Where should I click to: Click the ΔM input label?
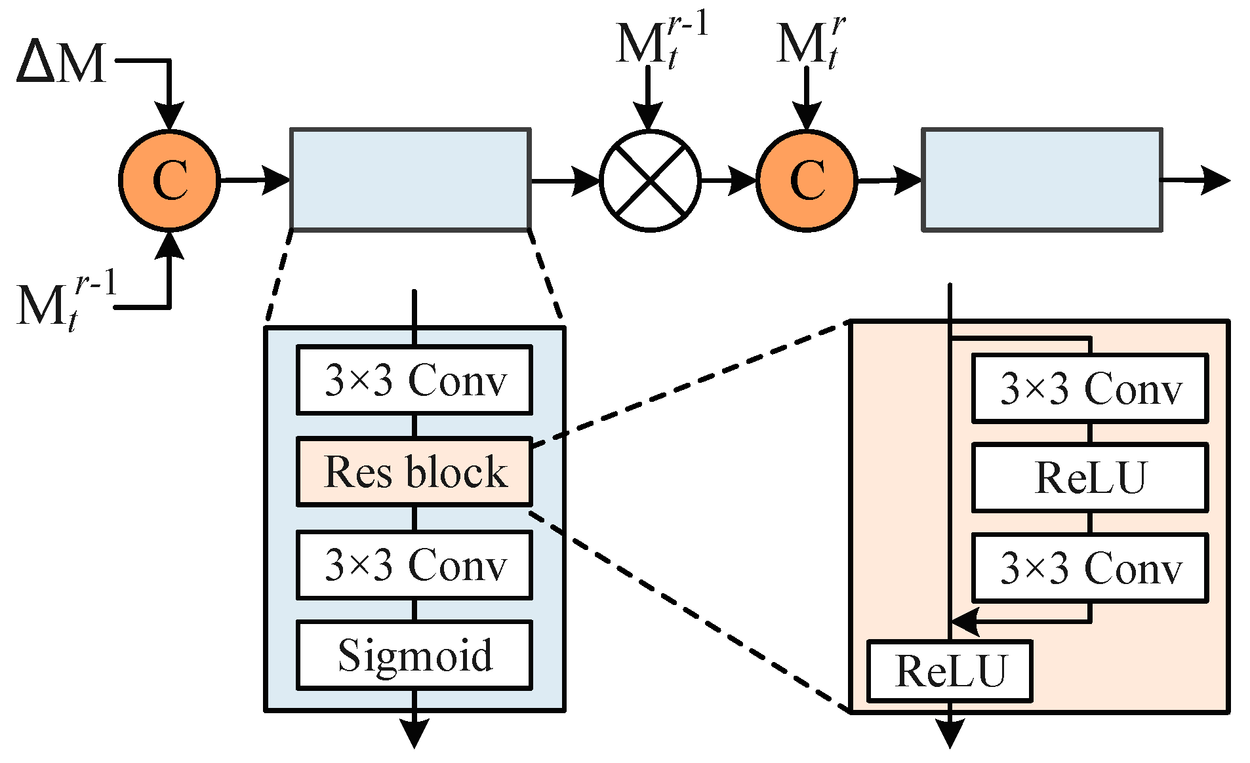coord(62,62)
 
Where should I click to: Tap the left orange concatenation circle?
coord(170,180)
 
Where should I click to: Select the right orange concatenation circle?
coord(807,180)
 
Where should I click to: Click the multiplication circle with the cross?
coord(650,180)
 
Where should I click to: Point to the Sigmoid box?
coord(414,655)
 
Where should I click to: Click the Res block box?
coord(414,471)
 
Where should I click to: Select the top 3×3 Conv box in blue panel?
coord(414,380)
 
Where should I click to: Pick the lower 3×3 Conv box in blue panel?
coord(414,564)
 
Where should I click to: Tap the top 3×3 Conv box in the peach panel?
coord(1089,388)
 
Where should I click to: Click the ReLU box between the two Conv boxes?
coord(1089,477)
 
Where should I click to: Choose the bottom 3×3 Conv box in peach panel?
coord(1089,568)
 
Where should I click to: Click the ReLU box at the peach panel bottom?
coord(950,671)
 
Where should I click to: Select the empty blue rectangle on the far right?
coord(1041,180)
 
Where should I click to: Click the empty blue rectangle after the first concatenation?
coord(410,180)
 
